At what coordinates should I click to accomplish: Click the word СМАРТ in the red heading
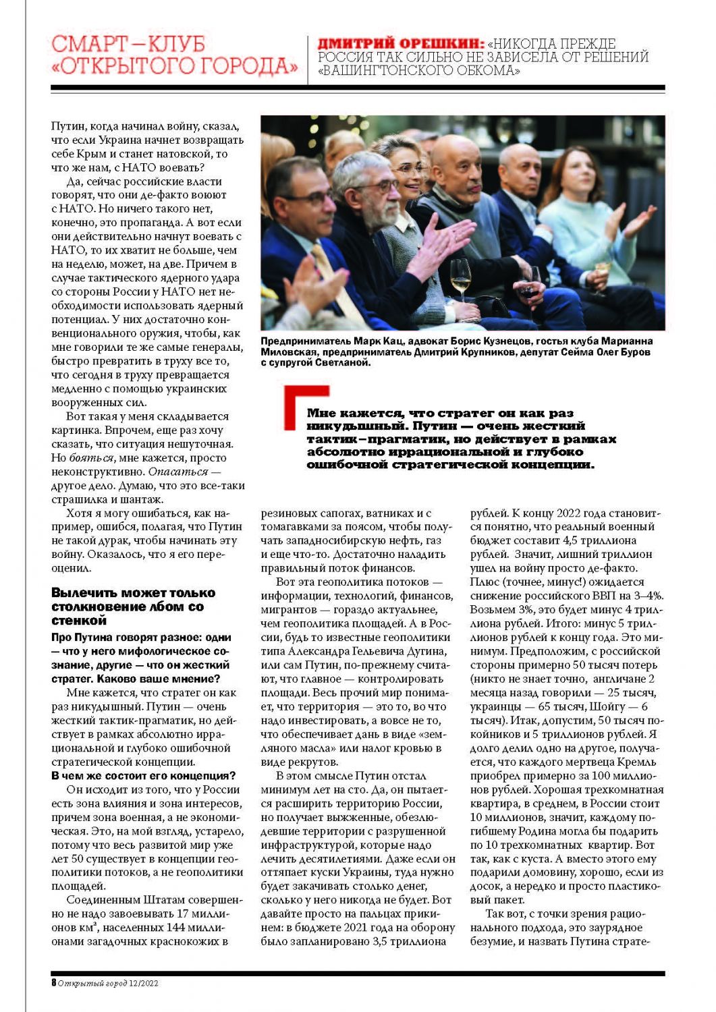pyautogui.click(x=87, y=44)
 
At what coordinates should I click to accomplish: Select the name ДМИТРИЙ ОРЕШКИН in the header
pyautogui.click(x=401, y=43)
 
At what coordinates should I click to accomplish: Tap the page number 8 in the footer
pyautogui.click(x=53, y=983)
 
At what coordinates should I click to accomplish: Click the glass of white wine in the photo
pyautogui.click(x=460, y=277)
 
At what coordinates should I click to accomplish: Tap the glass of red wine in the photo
pyautogui.click(x=528, y=287)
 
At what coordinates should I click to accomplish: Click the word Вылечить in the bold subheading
pyautogui.click(x=82, y=593)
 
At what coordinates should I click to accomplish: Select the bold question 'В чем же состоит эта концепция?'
pyautogui.click(x=144, y=775)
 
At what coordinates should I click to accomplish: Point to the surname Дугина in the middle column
pyautogui.click(x=424, y=651)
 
